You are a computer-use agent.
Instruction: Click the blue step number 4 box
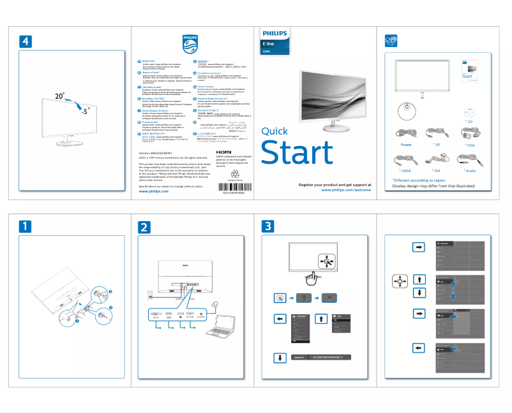pyautogui.click(x=24, y=41)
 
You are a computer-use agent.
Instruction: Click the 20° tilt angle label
pyautogui.click(x=59, y=96)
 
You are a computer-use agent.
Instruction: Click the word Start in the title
pyautogui.click(x=297, y=153)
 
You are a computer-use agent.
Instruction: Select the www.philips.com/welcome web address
pyautogui.click(x=339, y=190)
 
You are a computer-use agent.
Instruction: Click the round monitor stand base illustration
pyautogui.click(x=406, y=110)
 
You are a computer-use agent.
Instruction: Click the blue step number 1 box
pyautogui.click(x=24, y=226)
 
